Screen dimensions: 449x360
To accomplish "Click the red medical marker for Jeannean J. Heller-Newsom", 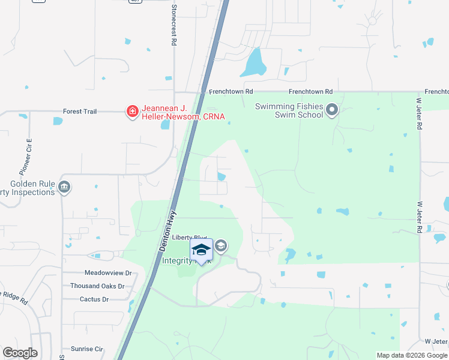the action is click(131, 111).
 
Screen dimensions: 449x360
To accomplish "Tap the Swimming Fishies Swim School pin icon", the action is click(333, 110).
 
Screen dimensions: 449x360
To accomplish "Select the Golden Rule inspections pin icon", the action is click(64, 188).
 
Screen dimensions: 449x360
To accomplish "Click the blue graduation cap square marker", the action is click(201, 249).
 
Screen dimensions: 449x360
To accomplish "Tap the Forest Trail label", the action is click(80, 112).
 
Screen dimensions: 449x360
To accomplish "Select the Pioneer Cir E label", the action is click(28, 152).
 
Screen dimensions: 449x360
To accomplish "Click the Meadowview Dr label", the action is click(107, 273).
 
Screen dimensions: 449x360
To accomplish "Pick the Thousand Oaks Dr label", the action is click(97, 286).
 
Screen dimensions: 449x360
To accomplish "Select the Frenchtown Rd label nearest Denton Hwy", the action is click(231, 92).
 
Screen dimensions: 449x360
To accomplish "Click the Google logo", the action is click(20, 353).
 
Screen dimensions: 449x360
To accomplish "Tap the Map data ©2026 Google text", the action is click(411, 355).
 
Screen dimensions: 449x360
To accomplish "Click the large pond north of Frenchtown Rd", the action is click(253, 63).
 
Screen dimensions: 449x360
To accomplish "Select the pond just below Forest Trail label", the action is click(58, 121).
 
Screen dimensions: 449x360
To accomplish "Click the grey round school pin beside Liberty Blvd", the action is click(221, 245).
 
